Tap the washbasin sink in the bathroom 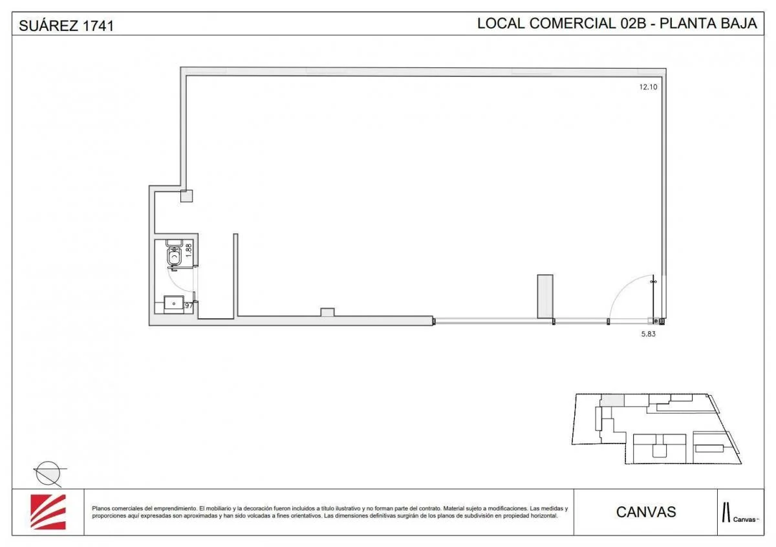tap(174, 304)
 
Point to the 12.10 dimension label tap(648, 87)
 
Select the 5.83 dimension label tap(648, 334)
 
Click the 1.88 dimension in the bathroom tap(188, 250)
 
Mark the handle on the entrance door tap(653, 282)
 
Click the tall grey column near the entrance tap(545, 296)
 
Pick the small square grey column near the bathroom tap(186, 196)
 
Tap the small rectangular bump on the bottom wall tap(327, 312)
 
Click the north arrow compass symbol tap(48, 473)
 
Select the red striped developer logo tap(48, 511)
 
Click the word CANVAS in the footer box tap(646, 512)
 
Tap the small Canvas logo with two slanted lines tap(738, 512)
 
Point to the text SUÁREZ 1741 tap(67, 26)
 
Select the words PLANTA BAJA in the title tap(708, 23)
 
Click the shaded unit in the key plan tap(612, 400)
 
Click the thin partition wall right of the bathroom tap(235, 275)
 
